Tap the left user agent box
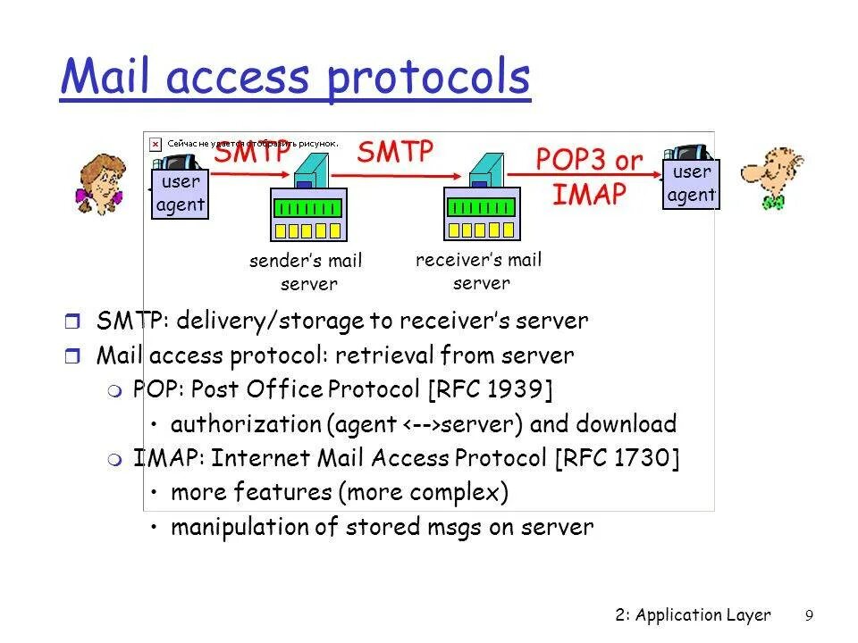(181, 194)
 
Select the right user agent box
(691, 183)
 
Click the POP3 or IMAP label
(588, 177)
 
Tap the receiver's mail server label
(479, 271)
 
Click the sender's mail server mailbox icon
(307, 214)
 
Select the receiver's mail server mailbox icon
(482, 214)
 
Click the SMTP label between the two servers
(394, 151)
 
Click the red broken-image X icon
(155, 142)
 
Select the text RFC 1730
(617, 458)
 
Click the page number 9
(809, 614)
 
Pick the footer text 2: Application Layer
(693, 614)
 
